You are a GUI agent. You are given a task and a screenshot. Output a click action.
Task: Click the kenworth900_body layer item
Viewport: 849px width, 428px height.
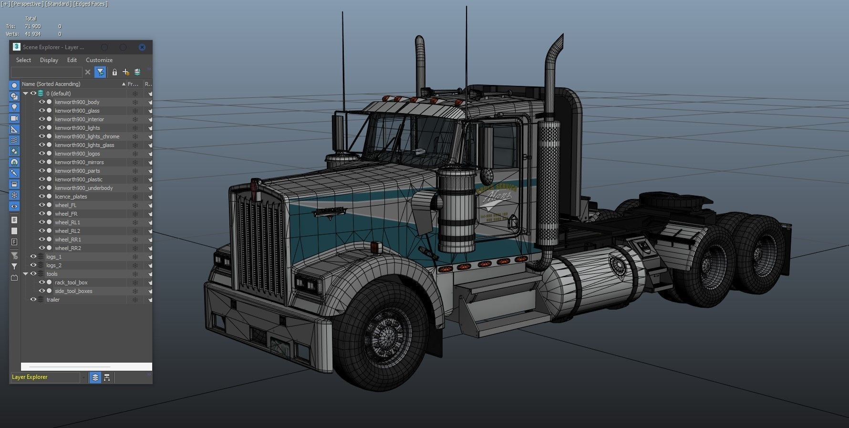77,102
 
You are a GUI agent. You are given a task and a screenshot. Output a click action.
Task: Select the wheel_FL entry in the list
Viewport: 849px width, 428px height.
65,205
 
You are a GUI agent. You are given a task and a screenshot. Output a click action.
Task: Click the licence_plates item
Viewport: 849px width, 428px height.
71,197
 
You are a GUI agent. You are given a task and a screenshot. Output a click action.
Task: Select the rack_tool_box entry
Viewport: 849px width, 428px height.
71,282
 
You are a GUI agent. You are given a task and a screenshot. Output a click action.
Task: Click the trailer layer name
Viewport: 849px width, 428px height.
53,300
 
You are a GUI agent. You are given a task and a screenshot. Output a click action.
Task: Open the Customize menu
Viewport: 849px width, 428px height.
99,60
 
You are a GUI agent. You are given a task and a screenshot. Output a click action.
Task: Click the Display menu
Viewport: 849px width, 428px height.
49,60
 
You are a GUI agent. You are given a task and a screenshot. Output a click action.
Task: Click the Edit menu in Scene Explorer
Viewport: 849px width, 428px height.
72,60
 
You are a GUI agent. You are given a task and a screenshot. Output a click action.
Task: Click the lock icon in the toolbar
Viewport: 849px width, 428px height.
114,72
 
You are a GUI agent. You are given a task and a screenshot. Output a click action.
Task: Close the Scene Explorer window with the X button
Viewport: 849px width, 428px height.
142,47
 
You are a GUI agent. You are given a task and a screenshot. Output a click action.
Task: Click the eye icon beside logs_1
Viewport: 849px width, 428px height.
33,257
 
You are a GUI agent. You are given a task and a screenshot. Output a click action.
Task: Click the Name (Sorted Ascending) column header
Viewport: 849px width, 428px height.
51,84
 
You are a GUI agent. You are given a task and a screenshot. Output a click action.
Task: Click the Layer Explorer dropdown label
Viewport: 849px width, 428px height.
30,377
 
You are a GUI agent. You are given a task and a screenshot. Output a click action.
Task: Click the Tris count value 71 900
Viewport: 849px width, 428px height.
33,26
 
